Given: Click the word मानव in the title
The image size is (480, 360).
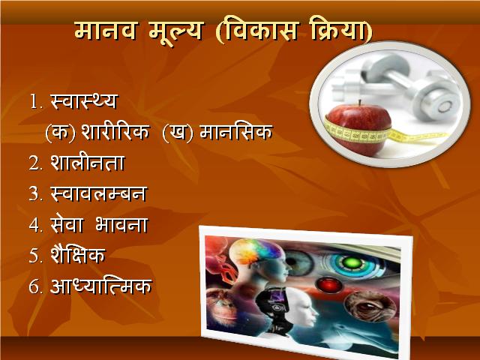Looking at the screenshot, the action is [x=105, y=31].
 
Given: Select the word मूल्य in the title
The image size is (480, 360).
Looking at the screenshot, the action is [x=176, y=33].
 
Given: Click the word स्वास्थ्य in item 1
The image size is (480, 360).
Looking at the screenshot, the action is [x=84, y=100].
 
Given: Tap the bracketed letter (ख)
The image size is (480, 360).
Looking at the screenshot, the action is [x=178, y=133].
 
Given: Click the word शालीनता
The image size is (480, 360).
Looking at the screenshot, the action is [x=88, y=161].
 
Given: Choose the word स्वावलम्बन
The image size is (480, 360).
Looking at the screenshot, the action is [x=99, y=193].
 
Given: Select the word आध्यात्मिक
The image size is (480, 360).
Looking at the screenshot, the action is [x=101, y=286].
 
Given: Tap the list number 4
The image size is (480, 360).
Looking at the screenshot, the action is [x=34, y=225].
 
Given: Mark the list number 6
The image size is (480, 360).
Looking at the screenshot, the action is [x=34, y=286].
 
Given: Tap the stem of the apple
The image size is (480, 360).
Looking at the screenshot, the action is [x=360, y=103].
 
